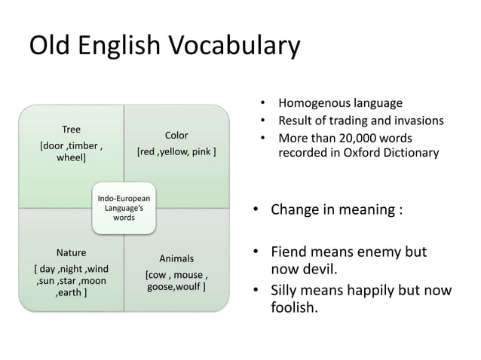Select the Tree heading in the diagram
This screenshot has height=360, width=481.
pos(71,129)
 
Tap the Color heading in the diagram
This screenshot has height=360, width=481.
pos(176,136)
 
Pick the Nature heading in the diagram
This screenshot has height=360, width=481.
pos(72,252)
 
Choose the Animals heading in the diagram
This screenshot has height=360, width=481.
pos(176,259)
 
